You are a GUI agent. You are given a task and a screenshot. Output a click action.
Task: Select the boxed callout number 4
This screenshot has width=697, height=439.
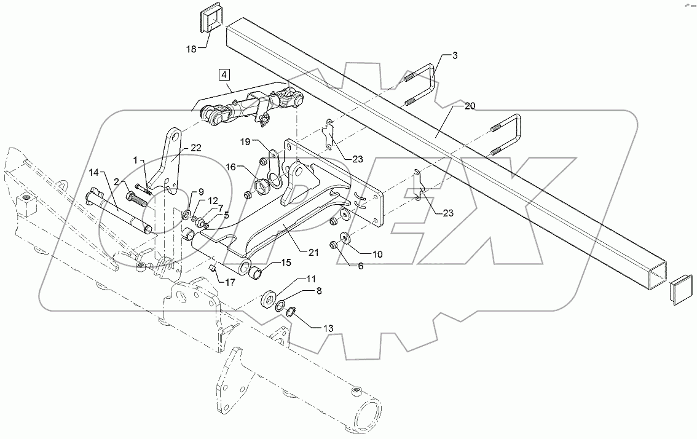point(224,75)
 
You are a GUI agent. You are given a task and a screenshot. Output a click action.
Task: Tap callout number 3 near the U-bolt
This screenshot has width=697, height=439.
point(454,56)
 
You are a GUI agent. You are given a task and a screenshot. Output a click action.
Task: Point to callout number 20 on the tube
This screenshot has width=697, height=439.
point(470,106)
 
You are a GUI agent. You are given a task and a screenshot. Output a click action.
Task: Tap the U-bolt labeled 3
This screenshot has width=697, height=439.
point(425,86)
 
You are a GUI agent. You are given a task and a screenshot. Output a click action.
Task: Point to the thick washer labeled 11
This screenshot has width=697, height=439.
point(268,301)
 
